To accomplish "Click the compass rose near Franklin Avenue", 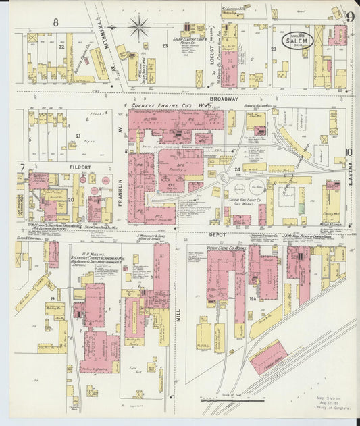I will click(x=139, y=27).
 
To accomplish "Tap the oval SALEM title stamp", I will click(x=295, y=41).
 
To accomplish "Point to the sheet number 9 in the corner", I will click(x=350, y=17).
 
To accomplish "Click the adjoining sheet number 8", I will click(x=55, y=22).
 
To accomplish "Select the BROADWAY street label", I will click(x=224, y=99).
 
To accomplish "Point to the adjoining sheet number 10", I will click(x=349, y=153).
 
